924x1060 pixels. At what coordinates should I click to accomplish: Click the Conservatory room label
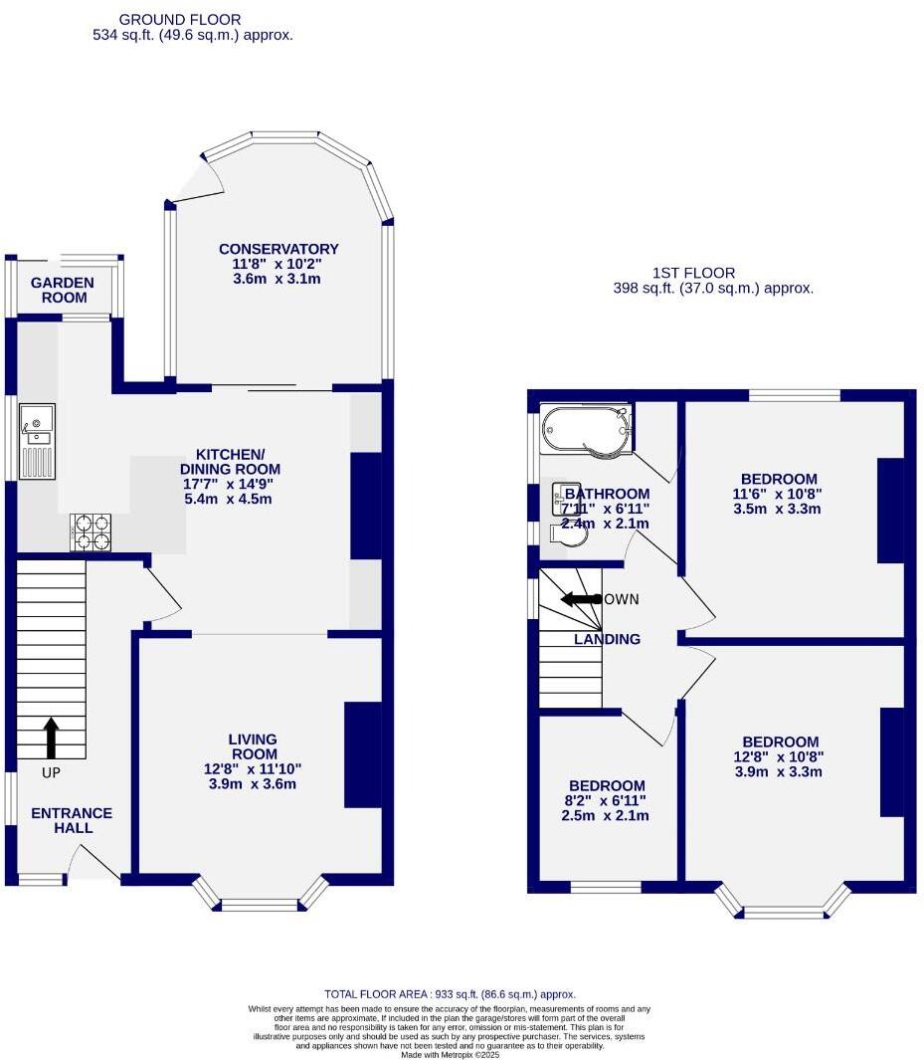278,249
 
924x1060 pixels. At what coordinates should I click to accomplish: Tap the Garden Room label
62,290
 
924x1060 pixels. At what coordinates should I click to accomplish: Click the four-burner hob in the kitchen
92,531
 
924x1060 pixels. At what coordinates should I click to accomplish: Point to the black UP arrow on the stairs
51,739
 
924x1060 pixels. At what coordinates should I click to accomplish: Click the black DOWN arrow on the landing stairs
580,599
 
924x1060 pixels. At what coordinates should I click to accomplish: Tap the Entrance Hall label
72,820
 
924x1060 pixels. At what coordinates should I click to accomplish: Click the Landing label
607,639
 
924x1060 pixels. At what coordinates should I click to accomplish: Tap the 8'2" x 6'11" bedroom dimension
605,800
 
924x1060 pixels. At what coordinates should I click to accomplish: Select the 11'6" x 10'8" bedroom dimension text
778,494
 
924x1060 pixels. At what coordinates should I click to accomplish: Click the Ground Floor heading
179,19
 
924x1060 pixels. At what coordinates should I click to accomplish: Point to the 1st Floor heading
693,273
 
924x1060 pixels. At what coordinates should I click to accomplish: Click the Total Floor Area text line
450,993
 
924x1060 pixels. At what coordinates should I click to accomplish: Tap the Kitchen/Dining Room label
230,461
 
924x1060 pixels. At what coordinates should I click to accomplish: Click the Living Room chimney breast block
363,754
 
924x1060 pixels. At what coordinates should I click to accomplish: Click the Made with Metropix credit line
449,1054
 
